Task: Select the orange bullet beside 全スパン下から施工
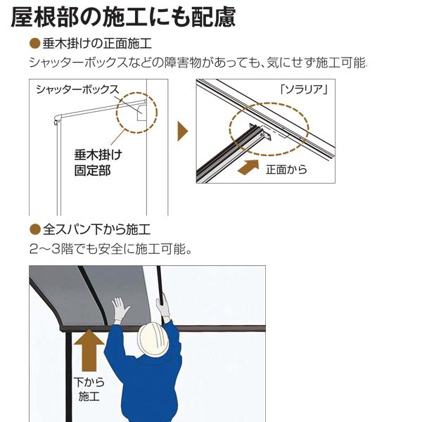coord(34,229)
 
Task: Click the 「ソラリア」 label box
coord(305,89)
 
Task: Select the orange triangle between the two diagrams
coord(182,131)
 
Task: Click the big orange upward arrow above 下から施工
coord(88,352)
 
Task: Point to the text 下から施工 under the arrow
coord(88,390)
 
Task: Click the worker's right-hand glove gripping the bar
coord(163,304)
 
